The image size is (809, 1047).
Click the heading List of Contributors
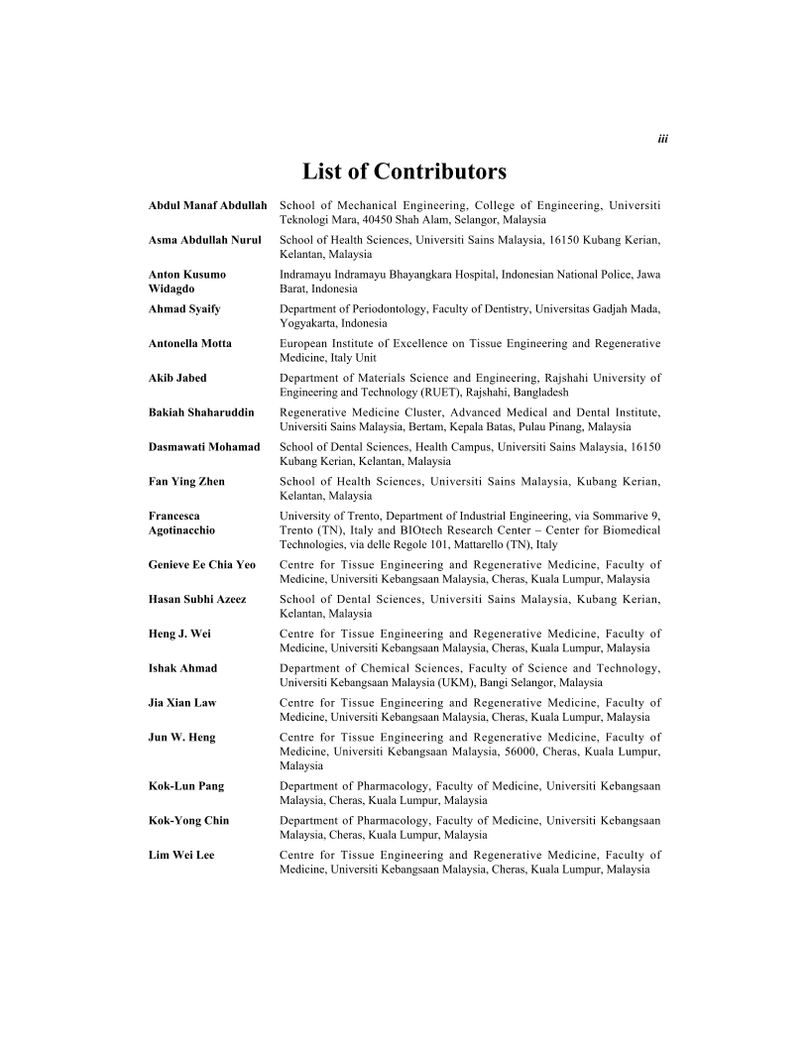click(404, 172)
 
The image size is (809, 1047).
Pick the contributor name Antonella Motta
click(190, 343)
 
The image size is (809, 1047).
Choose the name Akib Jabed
click(177, 378)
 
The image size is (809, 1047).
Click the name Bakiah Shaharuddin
click(201, 412)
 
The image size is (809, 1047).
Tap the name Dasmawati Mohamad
click(204, 447)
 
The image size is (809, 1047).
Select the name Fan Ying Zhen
click(186, 481)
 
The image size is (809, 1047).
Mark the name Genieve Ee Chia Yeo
click(202, 564)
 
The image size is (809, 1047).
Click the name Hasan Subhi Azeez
click(197, 599)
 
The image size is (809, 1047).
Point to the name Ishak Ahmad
click(182, 668)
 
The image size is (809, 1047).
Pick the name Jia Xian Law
click(182, 702)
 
